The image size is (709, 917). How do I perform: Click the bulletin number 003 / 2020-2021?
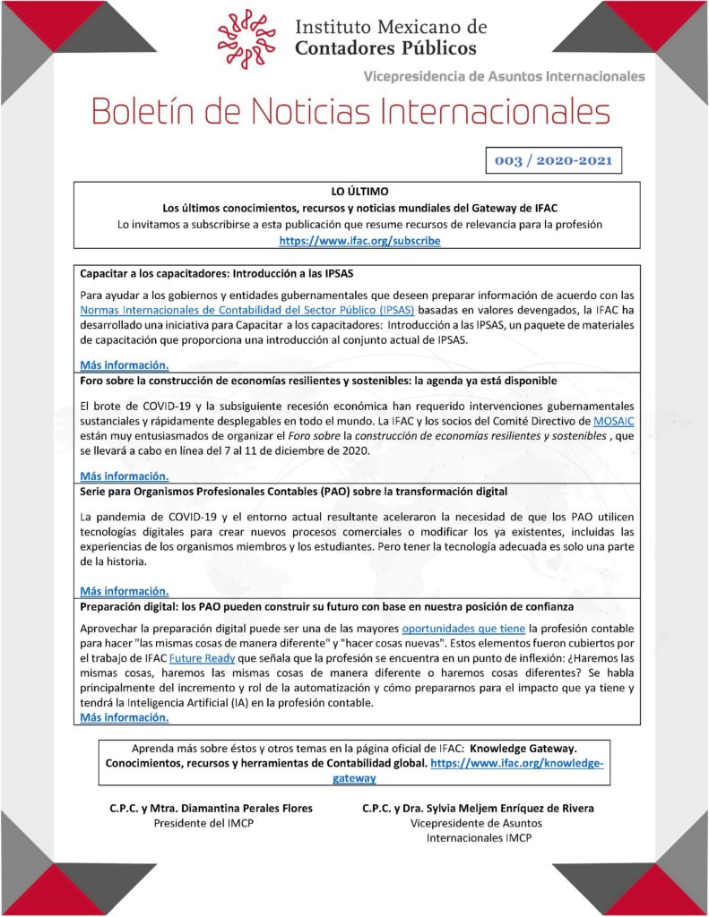[553, 161]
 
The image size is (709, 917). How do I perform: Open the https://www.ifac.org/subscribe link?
[359, 241]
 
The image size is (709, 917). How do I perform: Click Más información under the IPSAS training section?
[124, 365]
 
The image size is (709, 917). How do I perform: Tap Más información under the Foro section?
[124, 476]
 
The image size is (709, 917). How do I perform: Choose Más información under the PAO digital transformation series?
[124, 591]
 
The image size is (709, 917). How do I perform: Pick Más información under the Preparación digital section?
[124, 717]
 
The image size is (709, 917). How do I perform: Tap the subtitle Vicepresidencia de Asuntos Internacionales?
[504, 76]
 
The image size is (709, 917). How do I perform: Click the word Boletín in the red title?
[153, 113]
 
